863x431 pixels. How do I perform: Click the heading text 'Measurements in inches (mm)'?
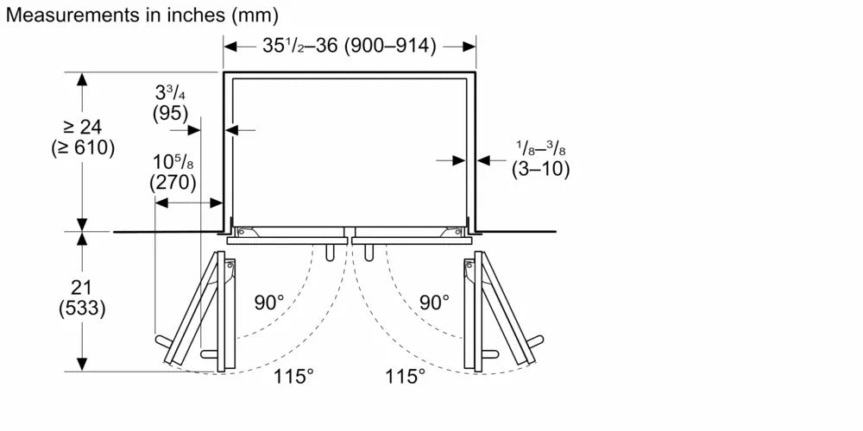click(142, 15)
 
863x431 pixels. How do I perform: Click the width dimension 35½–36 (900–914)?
click(349, 47)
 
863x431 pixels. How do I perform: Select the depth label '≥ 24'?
click(83, 128)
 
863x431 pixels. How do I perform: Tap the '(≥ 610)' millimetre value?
click(83, 148)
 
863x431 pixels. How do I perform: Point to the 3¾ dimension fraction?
click(170, 93)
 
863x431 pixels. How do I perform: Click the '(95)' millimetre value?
click(170, 114)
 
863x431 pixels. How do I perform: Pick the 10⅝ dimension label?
click(173, 163)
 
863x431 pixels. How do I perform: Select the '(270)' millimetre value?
click(173, 183)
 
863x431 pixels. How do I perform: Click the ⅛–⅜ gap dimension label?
click(540, 148)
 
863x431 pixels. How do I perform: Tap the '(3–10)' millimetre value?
click(540, 169)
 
